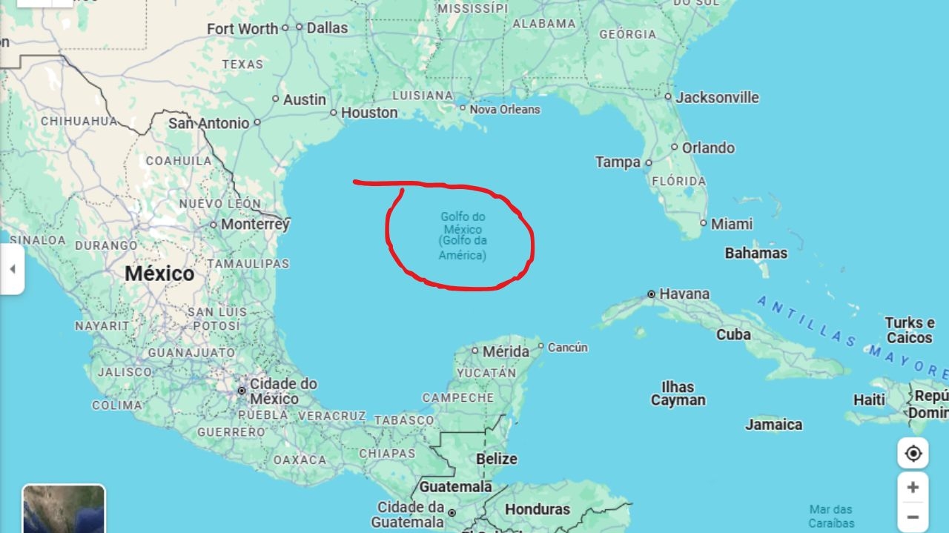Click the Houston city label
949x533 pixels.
(368, 113)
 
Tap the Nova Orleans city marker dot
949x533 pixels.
(463, 108)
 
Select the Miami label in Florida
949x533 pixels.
(731, 224)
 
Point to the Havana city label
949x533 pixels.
(684, 294)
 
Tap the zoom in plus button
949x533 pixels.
(913, 487)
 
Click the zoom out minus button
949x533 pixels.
(913, 517)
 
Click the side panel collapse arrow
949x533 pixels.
(12, 268)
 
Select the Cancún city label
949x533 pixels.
(568, 347)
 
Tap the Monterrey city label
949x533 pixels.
(255, 224)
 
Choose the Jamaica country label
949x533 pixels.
(773, 425)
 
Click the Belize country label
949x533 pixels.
(496, 459)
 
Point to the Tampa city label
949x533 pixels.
(618, 162)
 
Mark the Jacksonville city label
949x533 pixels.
(717, 97)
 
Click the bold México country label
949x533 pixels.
(159, 274)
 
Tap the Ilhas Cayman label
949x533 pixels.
(678, 394)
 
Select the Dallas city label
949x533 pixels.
(327, 27)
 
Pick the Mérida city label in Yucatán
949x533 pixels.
(506, 351)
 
